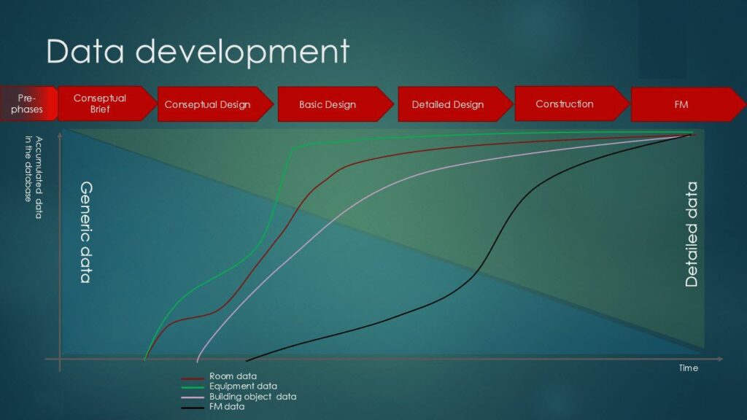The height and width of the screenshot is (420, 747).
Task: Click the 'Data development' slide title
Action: (x=198, y=52)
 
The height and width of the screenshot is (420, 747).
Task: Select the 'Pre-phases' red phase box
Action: (x=28, y=104)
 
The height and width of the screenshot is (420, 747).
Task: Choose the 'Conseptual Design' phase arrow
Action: (x=215, y=104)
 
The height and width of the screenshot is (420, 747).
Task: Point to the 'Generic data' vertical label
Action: (x=86, y=232)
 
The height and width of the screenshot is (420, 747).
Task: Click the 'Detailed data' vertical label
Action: (x=692, y=234)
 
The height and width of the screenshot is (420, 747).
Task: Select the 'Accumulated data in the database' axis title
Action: (x=34, y=177)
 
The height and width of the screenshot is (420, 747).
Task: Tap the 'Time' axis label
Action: (x=689, y=367)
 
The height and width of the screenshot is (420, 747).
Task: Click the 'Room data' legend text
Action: (x=233, y=376)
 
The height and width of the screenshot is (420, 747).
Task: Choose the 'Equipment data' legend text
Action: (x=243, y=386)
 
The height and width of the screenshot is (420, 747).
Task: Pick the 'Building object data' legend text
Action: (x=252, y=397)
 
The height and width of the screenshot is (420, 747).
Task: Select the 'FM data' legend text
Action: (x=227, y=407)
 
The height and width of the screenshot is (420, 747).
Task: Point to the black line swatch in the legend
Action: (x=193, y=408)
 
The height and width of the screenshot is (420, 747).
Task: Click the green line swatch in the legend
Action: (x=193, y=387)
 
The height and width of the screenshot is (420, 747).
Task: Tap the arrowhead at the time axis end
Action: (x=721, y=359)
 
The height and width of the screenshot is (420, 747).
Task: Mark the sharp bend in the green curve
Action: (x=292, y=149)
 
